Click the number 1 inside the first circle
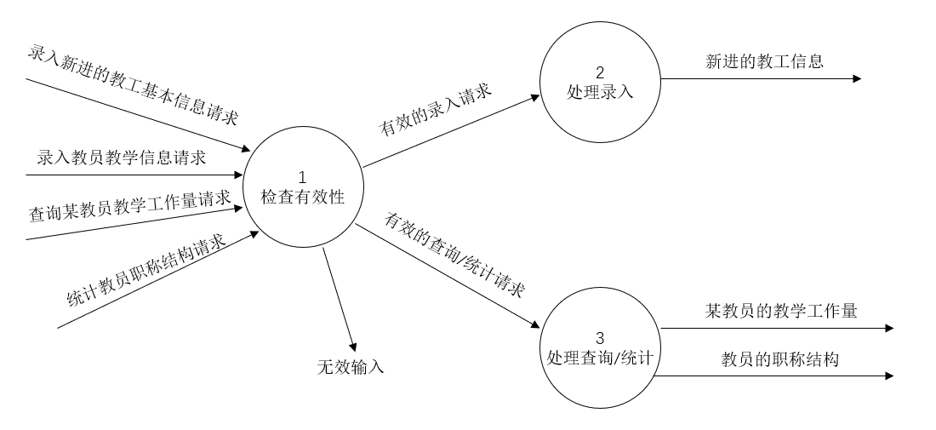coord(302,178)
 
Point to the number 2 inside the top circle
coord(600,72)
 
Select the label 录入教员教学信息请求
coord(122,158)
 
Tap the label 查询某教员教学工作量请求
coord(130,205)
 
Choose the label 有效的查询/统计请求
coord(454,255)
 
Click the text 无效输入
coord(351,368)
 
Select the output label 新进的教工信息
coord(764,60)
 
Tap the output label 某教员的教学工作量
coord(780,311)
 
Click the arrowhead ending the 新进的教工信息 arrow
coord(856,79)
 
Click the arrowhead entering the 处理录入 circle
coord(535,97)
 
